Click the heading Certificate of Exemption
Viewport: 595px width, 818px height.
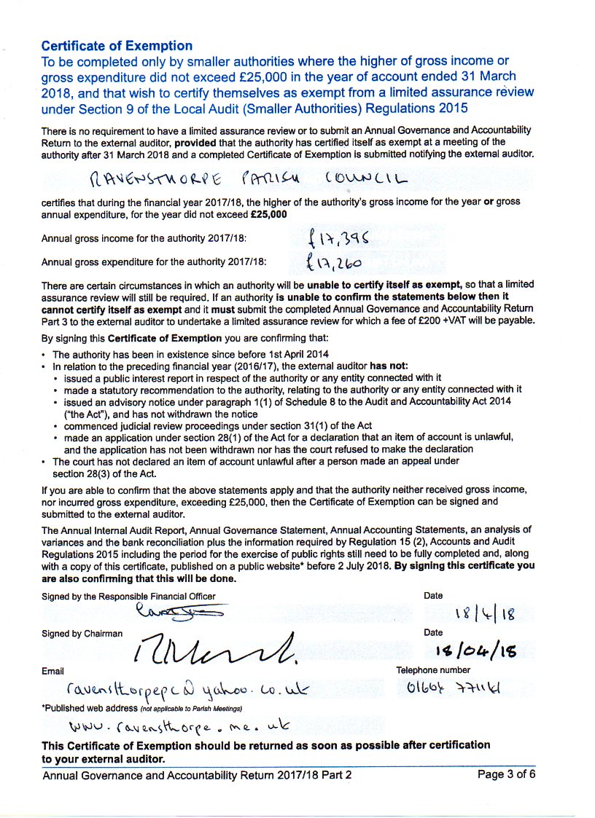(x=117, y=46)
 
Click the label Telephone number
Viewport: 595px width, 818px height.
(x=433, y=670)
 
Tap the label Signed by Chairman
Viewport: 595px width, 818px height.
(x=82, y=634)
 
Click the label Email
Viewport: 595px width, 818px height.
(x=52, y=670)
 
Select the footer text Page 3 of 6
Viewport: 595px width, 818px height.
(x=507, y=774)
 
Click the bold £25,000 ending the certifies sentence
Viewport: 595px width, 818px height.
(x=268, y=215)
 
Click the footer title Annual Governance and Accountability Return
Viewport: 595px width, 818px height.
(x=197, y=775)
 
